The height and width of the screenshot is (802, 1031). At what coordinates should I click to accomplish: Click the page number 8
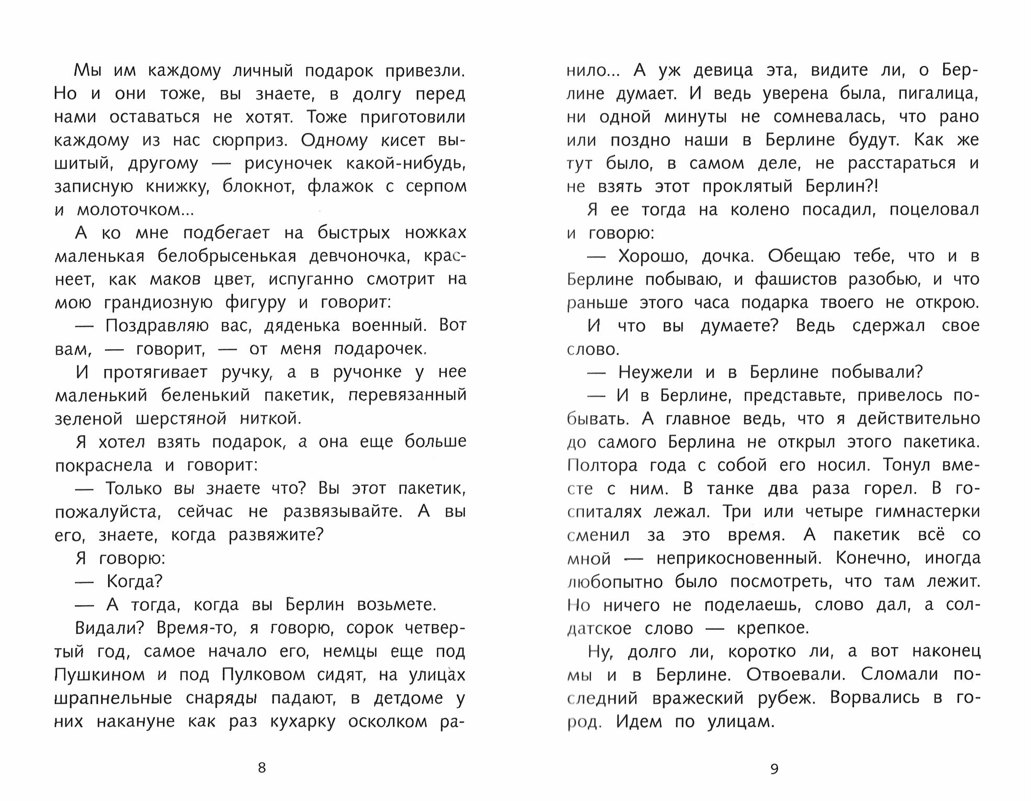coord(262,768)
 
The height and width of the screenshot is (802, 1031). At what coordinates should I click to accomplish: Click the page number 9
coord(775,768)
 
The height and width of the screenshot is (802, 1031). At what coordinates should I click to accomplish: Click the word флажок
coord(340,187)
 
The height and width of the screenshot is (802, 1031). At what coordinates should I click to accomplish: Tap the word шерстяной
coord(181,419)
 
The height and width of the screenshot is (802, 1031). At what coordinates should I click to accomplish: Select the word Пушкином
coord(99,675)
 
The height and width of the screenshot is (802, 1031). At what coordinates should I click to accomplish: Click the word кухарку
coord(302,721)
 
